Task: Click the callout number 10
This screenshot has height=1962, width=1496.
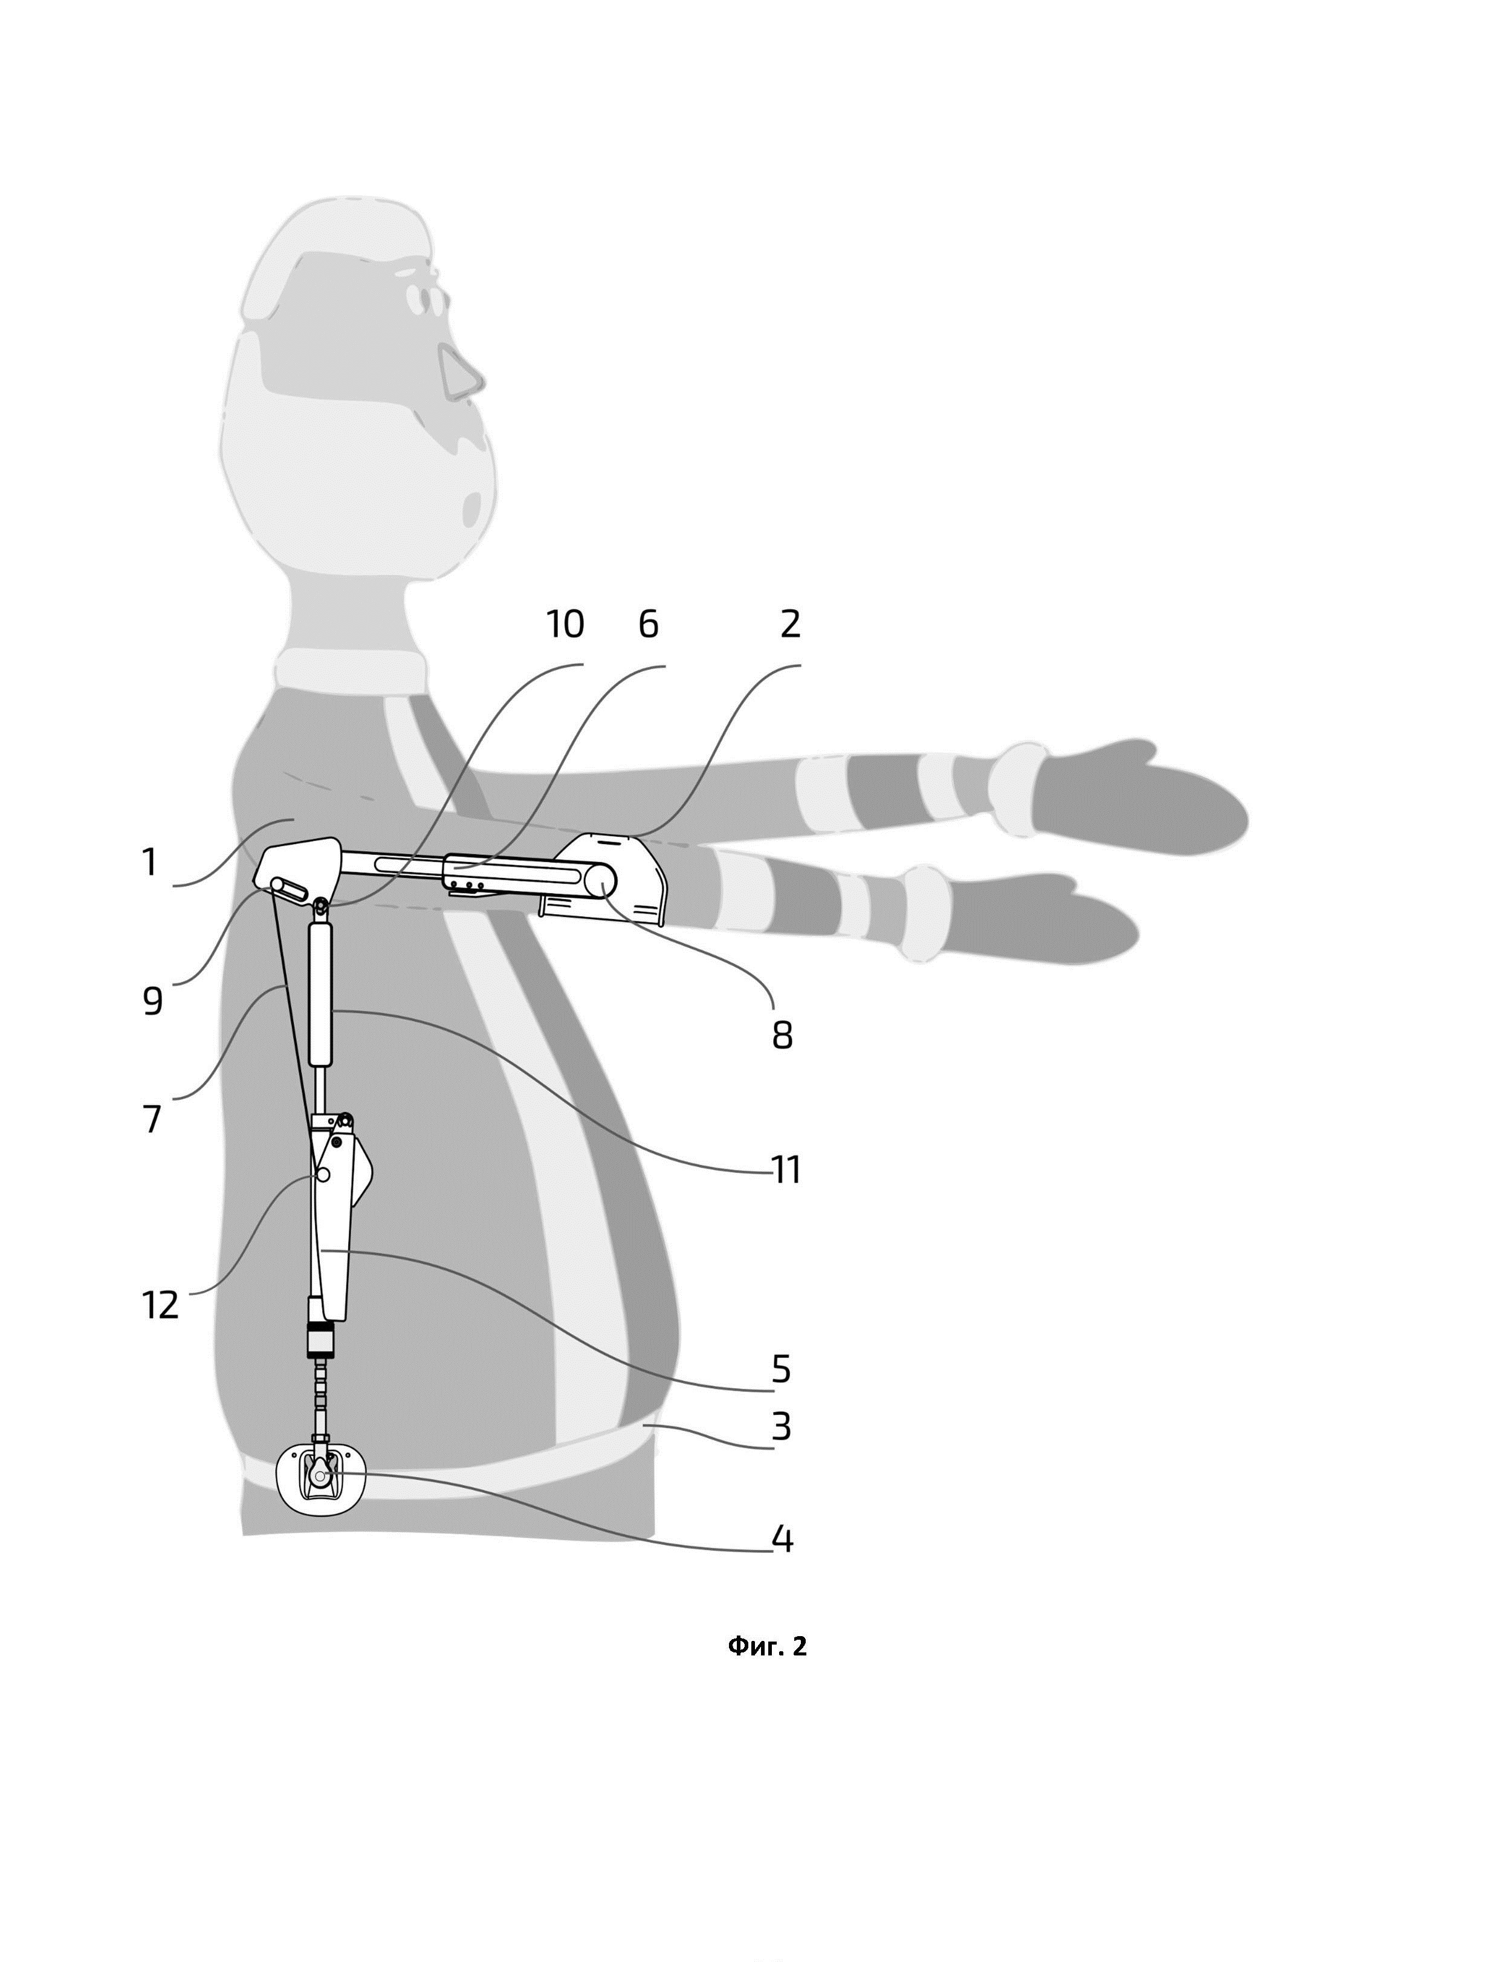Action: pyautogui.click(x=565, y=625)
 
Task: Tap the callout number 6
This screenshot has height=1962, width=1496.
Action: pyautogui.click(x=648, y=625)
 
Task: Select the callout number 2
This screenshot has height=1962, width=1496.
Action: pyautogui.click(x=790, y=625)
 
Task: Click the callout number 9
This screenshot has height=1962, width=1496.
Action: pyautogui.click(x=152, y=1002)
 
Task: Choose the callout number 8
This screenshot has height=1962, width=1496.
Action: pyautogui.click(x=782, y=1036)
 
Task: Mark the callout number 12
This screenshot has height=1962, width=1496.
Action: pyautogui.click(x=160, y=1305)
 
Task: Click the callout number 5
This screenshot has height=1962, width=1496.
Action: pyautogui.click(x=781, y=1369)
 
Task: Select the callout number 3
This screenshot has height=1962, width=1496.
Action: pyautogui.click(x=781, y=1428)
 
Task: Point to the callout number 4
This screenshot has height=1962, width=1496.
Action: pyautogui.click(x=782, y=1539)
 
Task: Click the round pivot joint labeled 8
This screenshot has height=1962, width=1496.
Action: pyautogui.click(x=600, y=881)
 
